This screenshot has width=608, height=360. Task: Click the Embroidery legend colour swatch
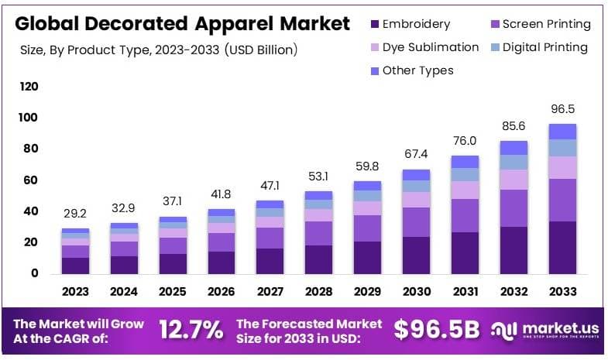[374, 25]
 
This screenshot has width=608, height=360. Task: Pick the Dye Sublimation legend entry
[431, 47]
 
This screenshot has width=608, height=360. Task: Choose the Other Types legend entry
[417, 70]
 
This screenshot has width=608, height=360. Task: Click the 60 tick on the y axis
[31, 180]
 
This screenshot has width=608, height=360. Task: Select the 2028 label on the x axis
[318, 292]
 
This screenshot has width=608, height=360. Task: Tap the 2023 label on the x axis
[75, 292]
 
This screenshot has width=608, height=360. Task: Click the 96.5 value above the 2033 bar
[562, 109]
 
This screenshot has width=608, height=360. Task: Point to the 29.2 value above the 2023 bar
[75, 214]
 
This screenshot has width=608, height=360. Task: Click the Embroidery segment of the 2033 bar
[562, 247]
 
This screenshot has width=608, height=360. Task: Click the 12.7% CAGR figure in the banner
[191, 331]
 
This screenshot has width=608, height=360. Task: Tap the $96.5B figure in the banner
[436, 331]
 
